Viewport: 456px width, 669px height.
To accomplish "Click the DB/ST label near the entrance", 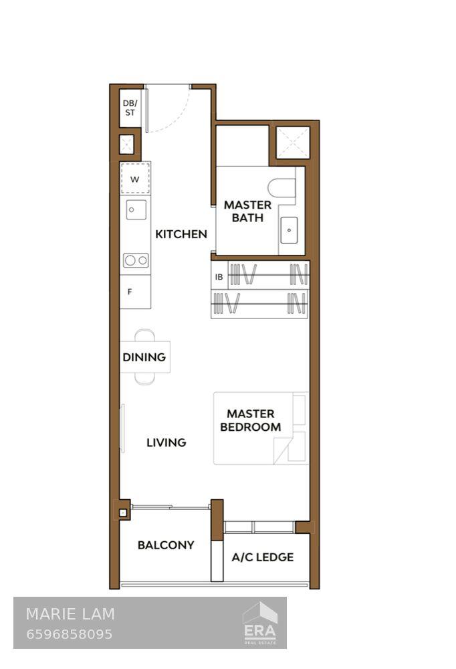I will pos(130,108).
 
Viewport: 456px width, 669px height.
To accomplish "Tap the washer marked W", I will pos(135,179).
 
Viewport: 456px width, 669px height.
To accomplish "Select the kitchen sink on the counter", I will pos(136,210).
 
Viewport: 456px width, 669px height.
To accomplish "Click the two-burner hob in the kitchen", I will pos(136,260).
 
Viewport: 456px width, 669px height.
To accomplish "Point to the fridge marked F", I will pos(131,292).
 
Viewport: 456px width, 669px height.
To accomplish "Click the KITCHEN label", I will pos(181,234).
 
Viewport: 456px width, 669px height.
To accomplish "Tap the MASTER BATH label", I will pos(247,211).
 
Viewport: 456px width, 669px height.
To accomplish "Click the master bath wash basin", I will pos(289,231).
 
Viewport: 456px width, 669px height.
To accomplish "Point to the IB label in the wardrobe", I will pos(219,277).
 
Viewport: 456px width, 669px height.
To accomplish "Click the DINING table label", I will pos(144,357).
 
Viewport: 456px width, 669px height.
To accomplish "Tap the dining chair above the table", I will pos(144,336).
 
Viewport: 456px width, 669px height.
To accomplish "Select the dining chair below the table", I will pos(144,378).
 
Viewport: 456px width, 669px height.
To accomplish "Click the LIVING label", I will pos(166,442).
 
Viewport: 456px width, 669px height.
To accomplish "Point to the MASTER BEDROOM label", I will pos(251,421).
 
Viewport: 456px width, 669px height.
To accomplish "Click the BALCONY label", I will pos(166,545).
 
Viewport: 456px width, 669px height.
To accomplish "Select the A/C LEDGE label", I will pos(262,557).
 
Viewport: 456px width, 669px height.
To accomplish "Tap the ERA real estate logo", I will pos(259,624).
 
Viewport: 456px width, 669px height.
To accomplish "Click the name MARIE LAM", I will pos(70,614).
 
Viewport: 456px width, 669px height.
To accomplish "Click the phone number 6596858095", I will pos(69,634).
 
